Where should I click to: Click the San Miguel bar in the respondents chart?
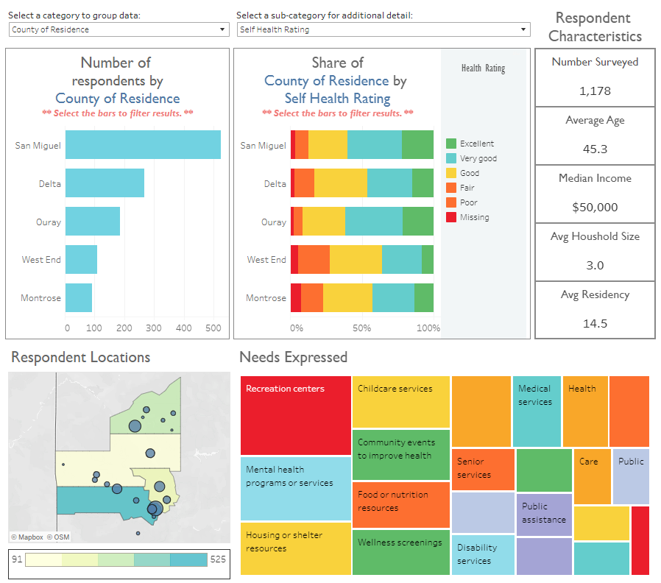pos(143,144)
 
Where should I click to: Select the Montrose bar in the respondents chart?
pos(79,298)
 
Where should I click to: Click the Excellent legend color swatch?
pos(451,144)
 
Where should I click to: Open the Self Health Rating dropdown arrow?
pos(523,29)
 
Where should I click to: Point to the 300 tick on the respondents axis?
pos(155,328)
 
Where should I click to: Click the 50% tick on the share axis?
pos(361,328)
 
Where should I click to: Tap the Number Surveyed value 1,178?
pos(595,91)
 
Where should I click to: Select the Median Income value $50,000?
pos(595,208)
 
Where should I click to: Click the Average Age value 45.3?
pos(595,149)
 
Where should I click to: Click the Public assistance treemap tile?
pos(544,513)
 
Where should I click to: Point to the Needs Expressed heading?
pos(293,357)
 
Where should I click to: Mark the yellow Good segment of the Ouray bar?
pos(324,222)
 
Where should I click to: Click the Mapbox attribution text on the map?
pos(26,537)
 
